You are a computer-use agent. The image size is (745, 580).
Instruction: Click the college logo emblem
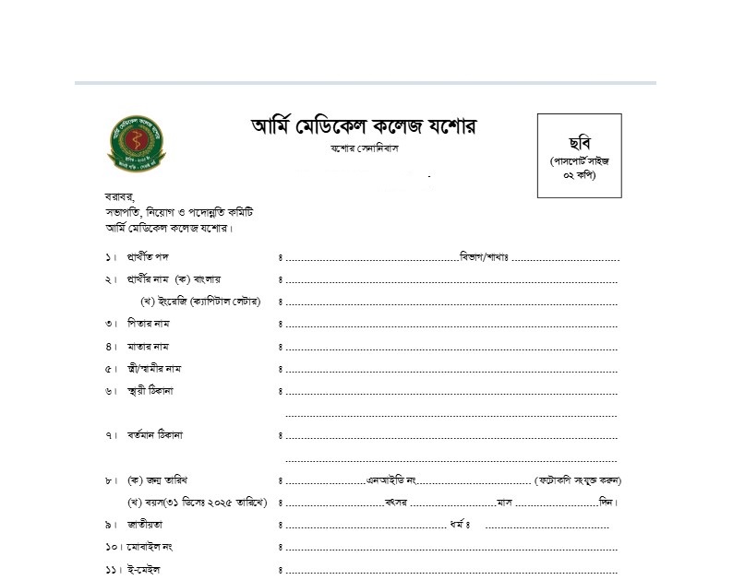point(136,144)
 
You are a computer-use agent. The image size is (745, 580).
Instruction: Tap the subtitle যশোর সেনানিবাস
point(365,148)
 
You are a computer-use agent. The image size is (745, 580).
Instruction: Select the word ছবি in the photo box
point(580,140)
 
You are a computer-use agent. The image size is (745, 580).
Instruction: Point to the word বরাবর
point(120,196)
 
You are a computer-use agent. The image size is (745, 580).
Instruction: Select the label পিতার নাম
point(149,324)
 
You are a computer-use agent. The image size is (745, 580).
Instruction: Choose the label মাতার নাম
point(149,347)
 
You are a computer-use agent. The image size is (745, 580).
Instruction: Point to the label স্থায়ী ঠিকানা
point(150,391)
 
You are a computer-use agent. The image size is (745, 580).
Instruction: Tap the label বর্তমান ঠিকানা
point(155,434)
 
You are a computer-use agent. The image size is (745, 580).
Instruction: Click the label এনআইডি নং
point(393,480)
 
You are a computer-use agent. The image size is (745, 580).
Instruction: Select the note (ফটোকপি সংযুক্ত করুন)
point(578,480)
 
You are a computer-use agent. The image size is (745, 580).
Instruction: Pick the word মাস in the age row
point(504,503)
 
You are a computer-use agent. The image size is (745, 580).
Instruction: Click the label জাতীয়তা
point(146,525)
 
